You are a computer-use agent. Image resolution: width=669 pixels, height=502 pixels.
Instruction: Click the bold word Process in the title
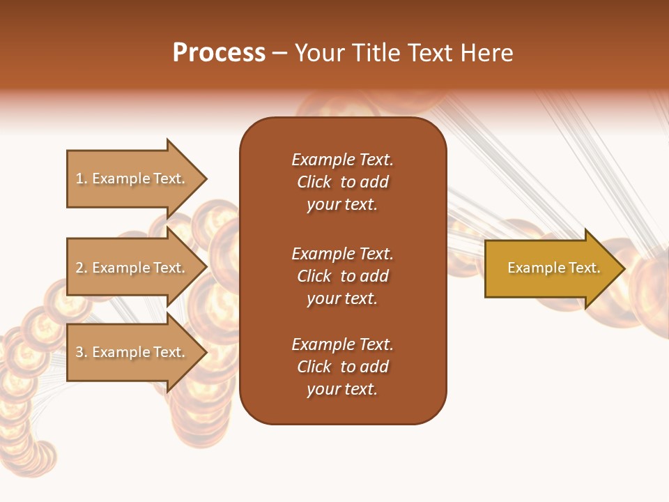(x=219, y=53)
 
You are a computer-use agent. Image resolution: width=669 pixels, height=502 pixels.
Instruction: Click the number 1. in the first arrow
(x=82, y=178)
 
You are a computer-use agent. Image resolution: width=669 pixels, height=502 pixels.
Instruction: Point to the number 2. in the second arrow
(x=82, y=268)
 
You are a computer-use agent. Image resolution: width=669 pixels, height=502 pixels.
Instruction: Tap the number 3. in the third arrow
(x=82, y=352)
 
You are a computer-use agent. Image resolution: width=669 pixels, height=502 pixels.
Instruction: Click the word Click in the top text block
(x=314, y=182)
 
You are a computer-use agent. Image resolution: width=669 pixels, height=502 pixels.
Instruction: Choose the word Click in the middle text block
(x=314, y=276)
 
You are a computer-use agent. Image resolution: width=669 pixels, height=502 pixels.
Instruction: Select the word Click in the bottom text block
(x=314, y=367)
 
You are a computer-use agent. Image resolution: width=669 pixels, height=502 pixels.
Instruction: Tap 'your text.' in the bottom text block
(x=342, y=389)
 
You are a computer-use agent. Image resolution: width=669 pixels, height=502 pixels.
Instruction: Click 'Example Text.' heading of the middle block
(x=342, y=254)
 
